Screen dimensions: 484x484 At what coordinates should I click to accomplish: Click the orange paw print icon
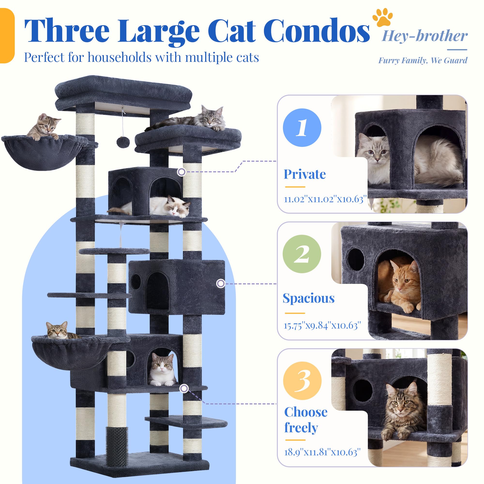click(x=383, y=17)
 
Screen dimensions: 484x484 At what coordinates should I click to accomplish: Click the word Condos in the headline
click(x=316, y=30)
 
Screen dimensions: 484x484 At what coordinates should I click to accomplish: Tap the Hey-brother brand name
click(x=425, y=36)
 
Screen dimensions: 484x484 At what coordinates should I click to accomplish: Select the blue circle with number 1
click(x=302, y=128)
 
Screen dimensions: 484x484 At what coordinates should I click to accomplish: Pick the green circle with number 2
click(x=302, y=254)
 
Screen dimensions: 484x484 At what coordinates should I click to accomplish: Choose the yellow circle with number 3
click(x=302, y=380)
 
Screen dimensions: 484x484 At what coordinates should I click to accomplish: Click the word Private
click(x=305, y=174)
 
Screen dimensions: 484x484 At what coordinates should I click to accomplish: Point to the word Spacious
click(x=309, y=298)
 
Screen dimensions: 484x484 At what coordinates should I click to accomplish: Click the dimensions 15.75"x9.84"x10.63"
click(x=322, y=325)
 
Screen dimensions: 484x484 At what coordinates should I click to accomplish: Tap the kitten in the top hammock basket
click(x=44, y=127)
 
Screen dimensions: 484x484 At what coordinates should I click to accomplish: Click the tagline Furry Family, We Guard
click(x=423, y=60)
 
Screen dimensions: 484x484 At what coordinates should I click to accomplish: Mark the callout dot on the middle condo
click(x=220, y=283)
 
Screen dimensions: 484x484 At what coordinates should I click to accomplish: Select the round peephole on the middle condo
click(x=136, y=282)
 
